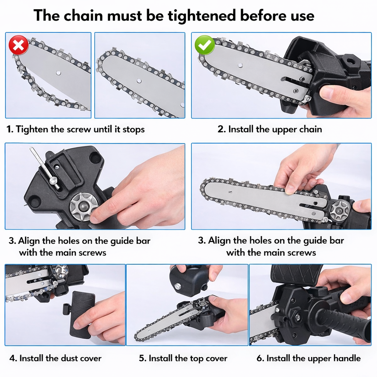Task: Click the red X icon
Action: [x=18, y=45]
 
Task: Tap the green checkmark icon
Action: [x=205, y=45]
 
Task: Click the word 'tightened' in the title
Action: [x=202, y=15]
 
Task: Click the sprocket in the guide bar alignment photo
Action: [x=339, y=211]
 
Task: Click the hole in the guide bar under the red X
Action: [x=59, y=73]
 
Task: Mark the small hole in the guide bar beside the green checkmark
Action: [x=240, y=66]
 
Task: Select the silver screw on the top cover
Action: [x=178, y=286]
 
